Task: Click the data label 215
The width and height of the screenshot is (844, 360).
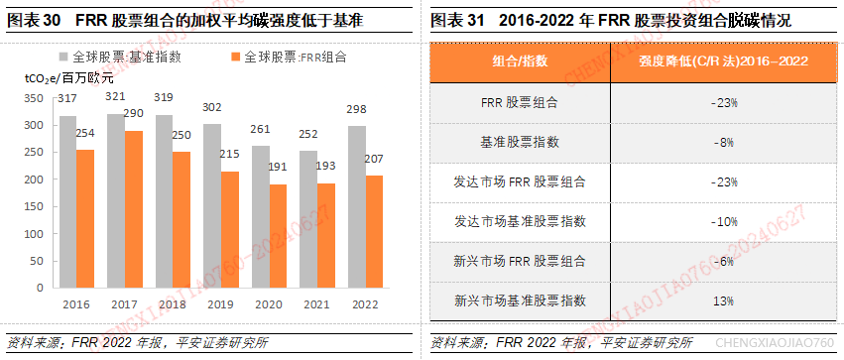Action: click(229, 155)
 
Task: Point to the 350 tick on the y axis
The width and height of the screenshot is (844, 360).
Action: click(32, 98)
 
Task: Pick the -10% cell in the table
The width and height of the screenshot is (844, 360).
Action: click(721, 220)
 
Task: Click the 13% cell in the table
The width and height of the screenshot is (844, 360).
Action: click(721, 300)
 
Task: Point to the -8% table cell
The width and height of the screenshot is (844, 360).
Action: click(721, 142)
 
